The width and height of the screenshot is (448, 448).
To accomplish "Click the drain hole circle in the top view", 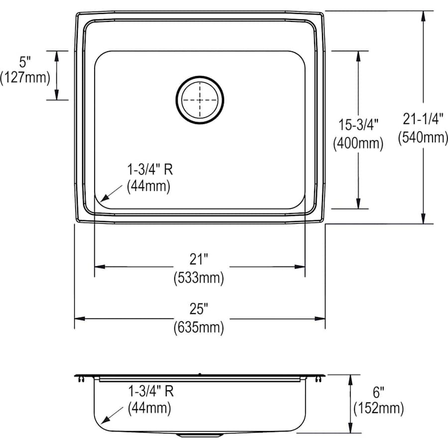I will click(x=200, y=100).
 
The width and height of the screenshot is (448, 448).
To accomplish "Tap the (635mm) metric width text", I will click(x=199, y=328).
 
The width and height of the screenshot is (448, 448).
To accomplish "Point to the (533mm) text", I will click(x=199, y=277).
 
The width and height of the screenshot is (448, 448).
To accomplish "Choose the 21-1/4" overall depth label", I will click(x=423, y=119).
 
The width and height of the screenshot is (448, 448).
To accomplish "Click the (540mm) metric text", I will click(x=423, y=137).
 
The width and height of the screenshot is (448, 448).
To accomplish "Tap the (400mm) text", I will click(x=357, y=143).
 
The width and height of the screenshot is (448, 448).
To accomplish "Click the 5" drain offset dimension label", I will click(x=25, y=62).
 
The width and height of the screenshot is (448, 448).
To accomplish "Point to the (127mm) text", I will click(x=25, y=78).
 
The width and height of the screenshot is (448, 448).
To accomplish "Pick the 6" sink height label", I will click(x=378, y=391).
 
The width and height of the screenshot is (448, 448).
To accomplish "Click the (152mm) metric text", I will click(x=378, y=409).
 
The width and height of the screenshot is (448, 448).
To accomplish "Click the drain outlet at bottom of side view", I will click(x=200, y=435).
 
